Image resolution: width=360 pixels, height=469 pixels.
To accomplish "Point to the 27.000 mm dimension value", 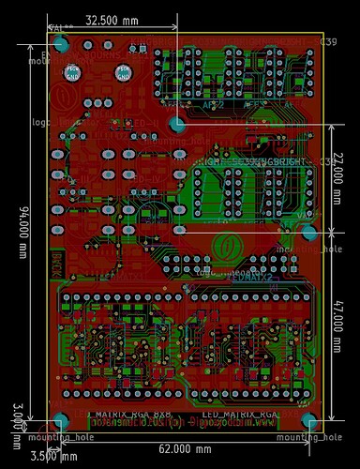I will click(x=339, y=177).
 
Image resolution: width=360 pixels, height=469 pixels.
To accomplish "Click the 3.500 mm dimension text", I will click(x=53, y=457).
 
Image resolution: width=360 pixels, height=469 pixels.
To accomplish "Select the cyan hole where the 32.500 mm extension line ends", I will click(x=176, y=123).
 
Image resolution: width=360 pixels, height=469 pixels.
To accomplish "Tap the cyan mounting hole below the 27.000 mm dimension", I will click(x=307, y=232).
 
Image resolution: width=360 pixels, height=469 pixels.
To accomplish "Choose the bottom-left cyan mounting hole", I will click(x=61, y=419).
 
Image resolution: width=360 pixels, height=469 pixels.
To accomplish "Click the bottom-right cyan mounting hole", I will click(x=307, y=419).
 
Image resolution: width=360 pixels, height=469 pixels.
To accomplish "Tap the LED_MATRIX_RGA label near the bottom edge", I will click(x=241, y=414).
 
